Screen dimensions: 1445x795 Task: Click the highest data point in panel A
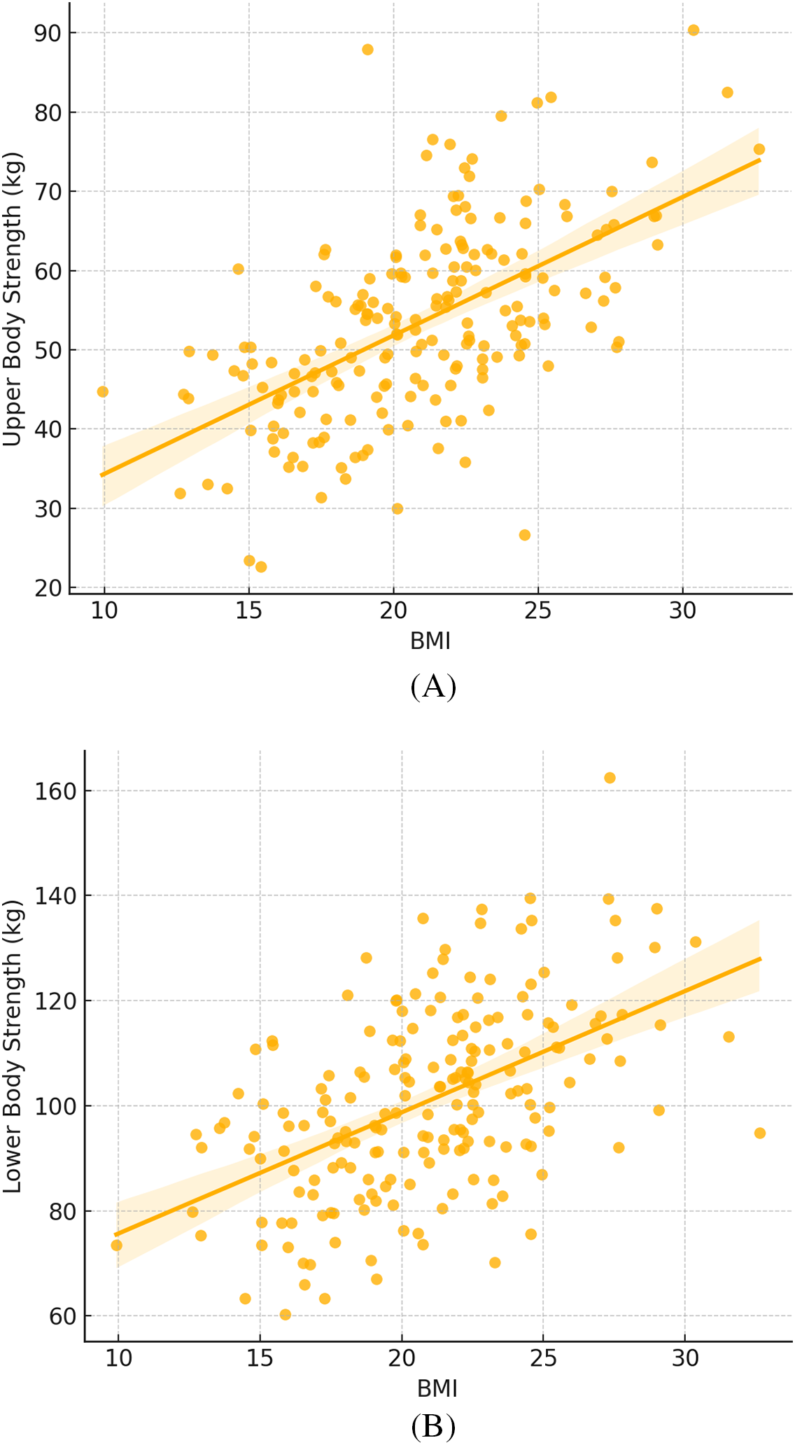(694, 30)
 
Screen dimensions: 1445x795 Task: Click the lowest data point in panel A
(261, 567)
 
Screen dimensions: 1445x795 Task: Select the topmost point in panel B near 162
(610, 778)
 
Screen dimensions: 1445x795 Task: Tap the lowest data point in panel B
(285, 1315)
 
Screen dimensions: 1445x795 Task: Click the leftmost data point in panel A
(103, 391)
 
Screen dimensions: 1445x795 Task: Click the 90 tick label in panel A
(48, 33)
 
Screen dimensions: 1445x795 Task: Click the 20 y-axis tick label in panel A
(48, 588)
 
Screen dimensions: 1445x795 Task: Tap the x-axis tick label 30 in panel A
(683, 611)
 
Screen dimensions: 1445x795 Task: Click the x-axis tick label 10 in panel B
(118, 1358)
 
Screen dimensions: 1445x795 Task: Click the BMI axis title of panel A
(430, 641)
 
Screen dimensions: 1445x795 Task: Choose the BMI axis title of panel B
(437, 1388)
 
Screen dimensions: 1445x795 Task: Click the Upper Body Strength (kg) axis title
(13, 299)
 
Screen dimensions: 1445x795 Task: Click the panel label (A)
(433, 687)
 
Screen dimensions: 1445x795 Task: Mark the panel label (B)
(433, 1426)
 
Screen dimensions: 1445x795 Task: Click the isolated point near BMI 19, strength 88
(367, 50)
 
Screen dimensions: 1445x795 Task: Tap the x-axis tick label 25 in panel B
(543, 1358)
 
